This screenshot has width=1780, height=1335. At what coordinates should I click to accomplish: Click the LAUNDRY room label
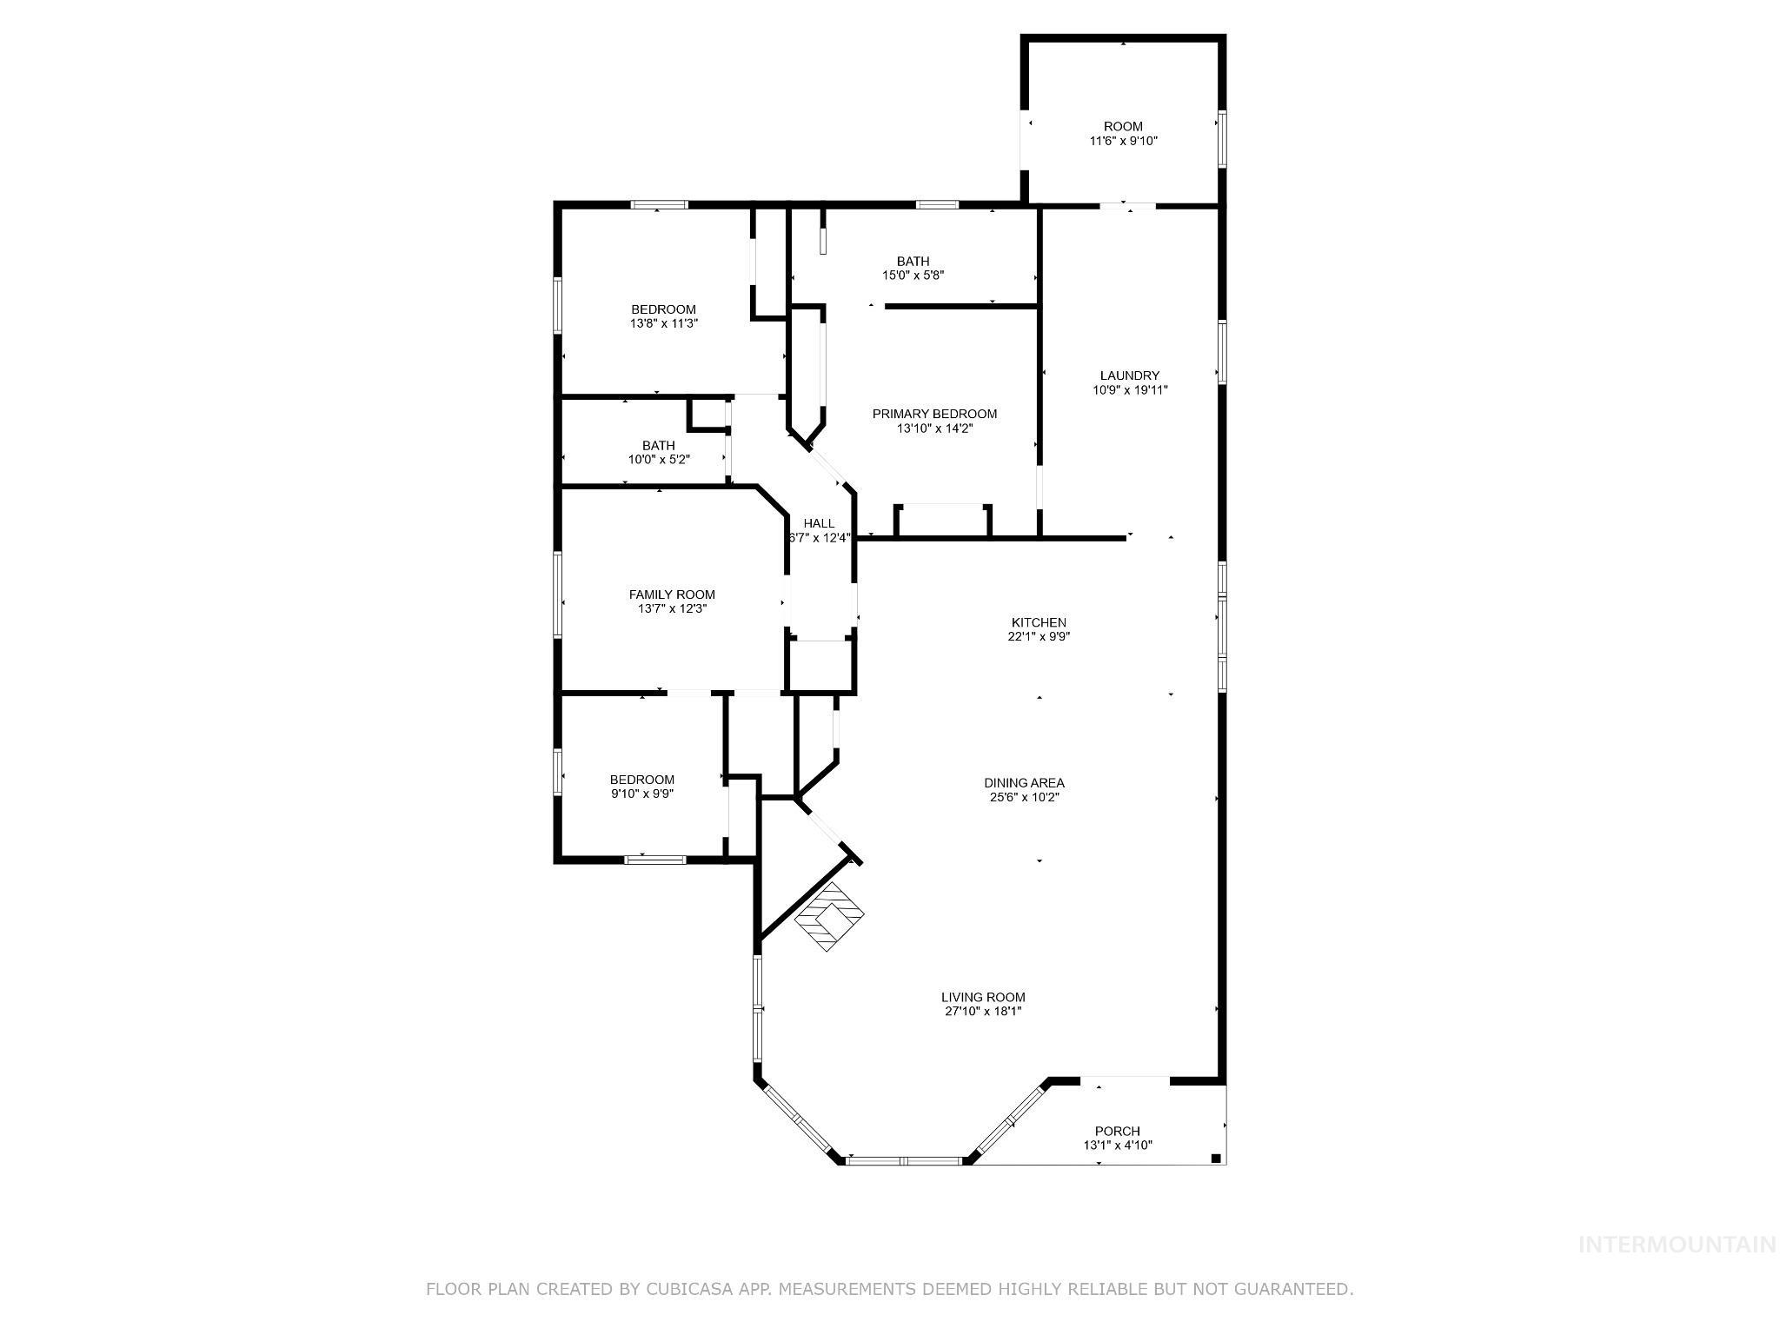[x=1129, y=375]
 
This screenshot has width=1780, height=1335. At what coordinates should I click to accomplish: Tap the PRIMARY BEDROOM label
[x=934, y=414]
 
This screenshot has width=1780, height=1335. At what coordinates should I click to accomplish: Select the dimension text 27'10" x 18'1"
[x=983, y=1012]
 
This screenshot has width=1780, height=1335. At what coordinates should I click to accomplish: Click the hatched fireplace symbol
[x=831, y=916]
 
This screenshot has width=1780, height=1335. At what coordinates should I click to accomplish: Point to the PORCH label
[x=1117, y=1131]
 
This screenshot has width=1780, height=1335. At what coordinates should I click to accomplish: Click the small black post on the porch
[x=1215, y=1158]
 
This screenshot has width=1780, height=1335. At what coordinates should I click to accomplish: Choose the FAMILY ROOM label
[x=672, y=594]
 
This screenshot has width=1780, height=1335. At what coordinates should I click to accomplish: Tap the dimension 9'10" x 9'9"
[x=641, y=794]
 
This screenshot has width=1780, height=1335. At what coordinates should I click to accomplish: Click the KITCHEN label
[x=1038, y=622]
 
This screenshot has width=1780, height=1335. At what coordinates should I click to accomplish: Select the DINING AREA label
[x=1024, y=782]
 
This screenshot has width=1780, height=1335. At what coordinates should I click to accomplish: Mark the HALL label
[x=819, y=523]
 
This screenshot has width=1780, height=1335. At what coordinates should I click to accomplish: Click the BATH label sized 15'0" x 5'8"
[x=913, y=261]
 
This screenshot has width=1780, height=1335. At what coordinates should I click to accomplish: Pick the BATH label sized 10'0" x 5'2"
[x=658, y=445]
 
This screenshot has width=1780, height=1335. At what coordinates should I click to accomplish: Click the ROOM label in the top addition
[x=1123, y=126]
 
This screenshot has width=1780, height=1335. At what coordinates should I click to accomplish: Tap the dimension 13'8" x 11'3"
[x=664, y=323]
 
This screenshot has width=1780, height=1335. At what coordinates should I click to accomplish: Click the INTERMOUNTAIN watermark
[x=1676, y=1245]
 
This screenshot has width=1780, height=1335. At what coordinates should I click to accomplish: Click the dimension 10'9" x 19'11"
[x=1129, y=390]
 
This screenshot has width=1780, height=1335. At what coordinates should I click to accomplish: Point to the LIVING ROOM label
[x=983, y=997]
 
